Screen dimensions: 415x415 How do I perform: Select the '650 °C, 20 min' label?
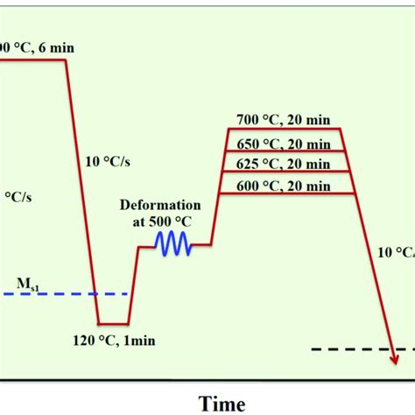click(x=285, y=143)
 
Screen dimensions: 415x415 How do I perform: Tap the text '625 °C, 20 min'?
click(x=285, y=164)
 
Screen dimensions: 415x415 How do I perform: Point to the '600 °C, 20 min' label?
click(x=285, y=186)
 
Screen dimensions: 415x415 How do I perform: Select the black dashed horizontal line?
click(x=350, y=349)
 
